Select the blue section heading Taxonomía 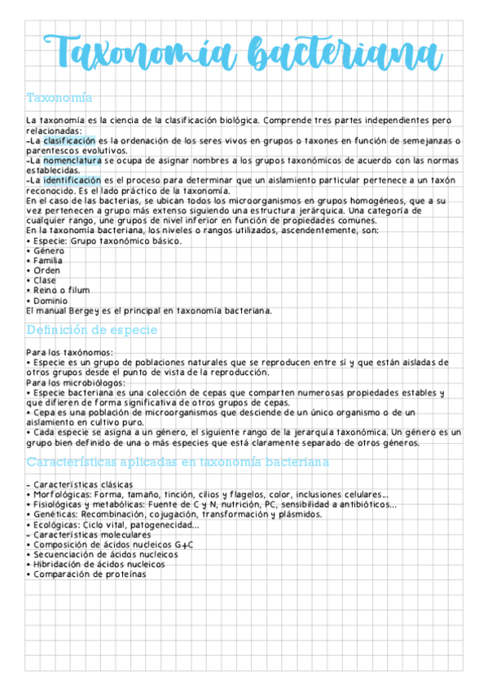(59, 98)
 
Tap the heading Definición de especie (92, 330)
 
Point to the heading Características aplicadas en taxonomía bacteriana (178, 462)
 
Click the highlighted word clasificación (69, 141)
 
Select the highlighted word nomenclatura (73, 161)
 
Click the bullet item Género (48, 251)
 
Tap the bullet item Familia (48, 261)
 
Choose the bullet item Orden (46, 271)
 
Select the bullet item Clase (45, 280)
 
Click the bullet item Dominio (51, 301)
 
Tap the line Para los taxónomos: (70, 352)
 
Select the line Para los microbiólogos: (76, 382)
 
